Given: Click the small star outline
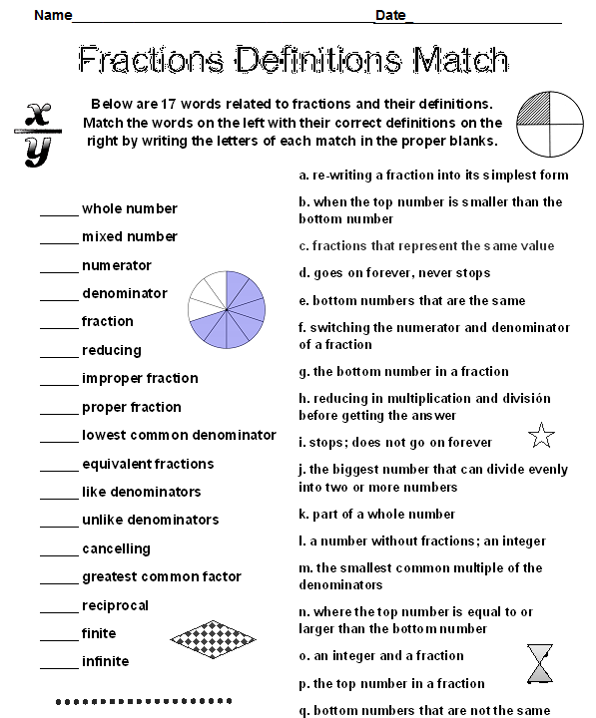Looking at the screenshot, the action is coord(540,435).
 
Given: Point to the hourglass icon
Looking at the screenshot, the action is coord(541,663).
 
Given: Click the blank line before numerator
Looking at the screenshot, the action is coord(59,266).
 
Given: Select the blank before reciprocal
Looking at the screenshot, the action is coord(59,606).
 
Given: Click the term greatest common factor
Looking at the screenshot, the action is coord(162,576).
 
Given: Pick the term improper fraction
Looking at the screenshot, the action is coord(140,378).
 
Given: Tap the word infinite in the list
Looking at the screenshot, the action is coord(105,661).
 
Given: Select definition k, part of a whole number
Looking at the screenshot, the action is coord(377,514).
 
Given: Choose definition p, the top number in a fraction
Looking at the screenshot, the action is coord(391,683).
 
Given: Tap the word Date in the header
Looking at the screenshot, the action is coord(390,15).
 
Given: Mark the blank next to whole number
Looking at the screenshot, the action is coord(59,209).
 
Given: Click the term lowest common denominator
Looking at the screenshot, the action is coord(179,435).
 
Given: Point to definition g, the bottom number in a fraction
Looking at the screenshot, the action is coord(403,371).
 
